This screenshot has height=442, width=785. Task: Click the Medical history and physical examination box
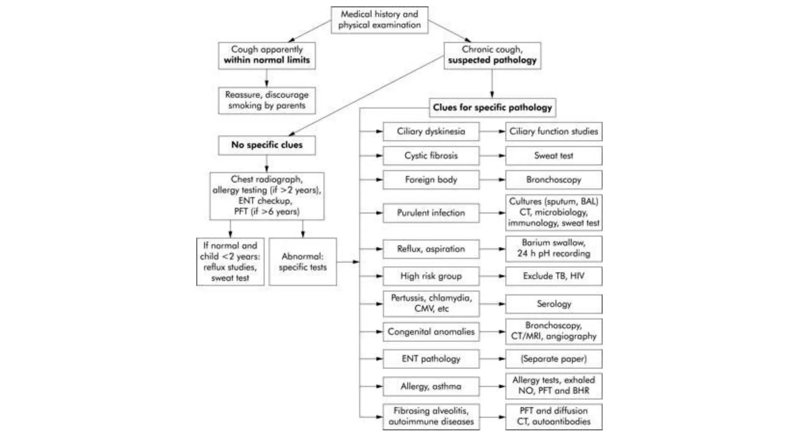point(379,20)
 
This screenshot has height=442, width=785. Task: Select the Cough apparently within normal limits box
point(267,55)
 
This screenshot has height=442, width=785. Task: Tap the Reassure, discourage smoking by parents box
point(267,100)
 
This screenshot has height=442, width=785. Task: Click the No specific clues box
point(267,145)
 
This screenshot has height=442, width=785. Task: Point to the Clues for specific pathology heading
point(492,107)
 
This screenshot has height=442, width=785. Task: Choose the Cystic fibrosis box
point(431,155)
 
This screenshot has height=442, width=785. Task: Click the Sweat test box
point(553,155)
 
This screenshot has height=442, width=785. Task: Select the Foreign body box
point(431,180)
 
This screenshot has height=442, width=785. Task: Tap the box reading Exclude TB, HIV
point(553,276)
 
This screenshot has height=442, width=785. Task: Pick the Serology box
point(553,304)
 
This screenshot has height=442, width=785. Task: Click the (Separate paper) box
point(553,359)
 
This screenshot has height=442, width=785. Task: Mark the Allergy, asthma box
point(431,386)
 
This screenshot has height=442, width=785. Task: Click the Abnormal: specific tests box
point(302,262)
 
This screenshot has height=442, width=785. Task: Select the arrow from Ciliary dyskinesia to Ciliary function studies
point(492,131)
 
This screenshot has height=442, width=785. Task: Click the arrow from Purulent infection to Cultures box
point(492,213)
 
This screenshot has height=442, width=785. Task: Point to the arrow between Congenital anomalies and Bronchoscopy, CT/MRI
point(492,331)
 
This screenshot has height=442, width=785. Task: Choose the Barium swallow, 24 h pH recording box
point(553,248)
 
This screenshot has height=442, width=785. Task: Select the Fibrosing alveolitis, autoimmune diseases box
point(431,416)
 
